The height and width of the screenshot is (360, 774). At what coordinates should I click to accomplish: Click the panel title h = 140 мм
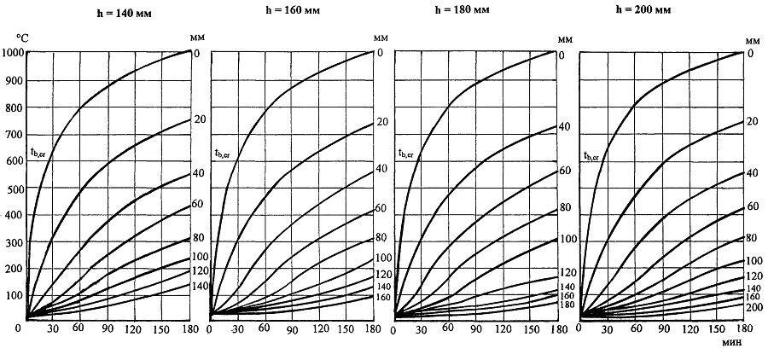[x=108, y=15]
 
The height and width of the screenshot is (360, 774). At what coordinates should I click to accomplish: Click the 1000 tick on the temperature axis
[x=13, y=54]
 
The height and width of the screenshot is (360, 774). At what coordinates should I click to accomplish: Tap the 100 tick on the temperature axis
[x=15, y=296]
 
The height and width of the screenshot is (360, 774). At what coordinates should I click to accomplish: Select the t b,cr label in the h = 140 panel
[x=38, y=154]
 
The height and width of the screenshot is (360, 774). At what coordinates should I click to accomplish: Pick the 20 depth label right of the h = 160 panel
[x=382, y=122]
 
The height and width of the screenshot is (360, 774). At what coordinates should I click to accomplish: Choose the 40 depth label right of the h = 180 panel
[x=564, y=127]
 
